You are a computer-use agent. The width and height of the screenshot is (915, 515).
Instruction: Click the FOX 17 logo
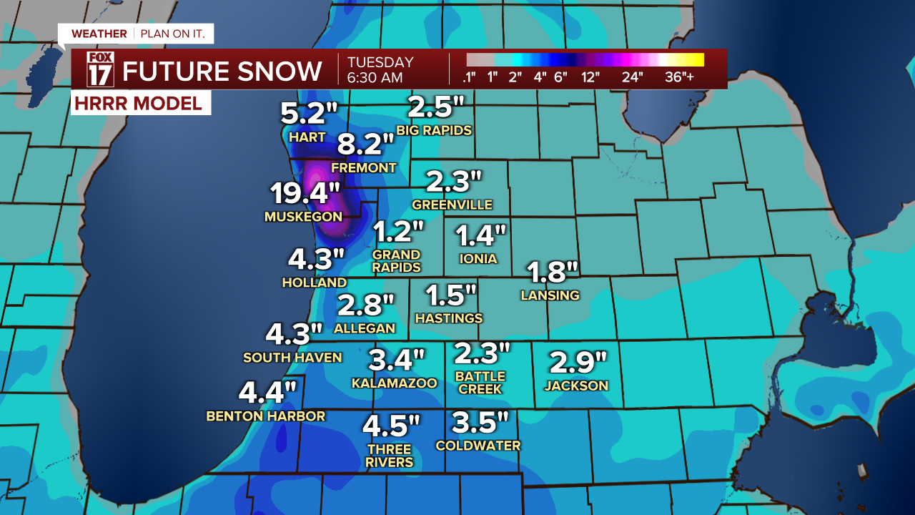100,69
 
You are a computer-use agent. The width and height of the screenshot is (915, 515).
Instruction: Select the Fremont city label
363,167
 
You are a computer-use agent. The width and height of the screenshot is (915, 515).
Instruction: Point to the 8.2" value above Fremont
365,145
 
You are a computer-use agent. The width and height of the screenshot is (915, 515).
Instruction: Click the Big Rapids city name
434,130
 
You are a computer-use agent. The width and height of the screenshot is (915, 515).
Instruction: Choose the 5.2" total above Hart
307,113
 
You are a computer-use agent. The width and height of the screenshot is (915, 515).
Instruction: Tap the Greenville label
452,205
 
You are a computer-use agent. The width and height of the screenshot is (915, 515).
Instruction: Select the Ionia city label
479,258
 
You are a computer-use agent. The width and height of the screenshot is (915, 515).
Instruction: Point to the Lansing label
550,295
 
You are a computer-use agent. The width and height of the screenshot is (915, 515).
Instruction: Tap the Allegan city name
365,328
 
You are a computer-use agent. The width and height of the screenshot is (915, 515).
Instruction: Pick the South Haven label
292,357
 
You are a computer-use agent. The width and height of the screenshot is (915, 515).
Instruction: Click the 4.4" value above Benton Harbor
267,392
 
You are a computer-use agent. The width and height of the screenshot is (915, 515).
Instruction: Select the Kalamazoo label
394,383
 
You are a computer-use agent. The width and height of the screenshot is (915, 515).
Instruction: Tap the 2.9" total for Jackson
577,363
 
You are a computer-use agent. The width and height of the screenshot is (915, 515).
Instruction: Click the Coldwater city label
478,445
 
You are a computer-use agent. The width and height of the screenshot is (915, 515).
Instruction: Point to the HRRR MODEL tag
138,103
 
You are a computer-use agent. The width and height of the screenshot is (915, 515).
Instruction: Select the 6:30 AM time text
375,77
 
